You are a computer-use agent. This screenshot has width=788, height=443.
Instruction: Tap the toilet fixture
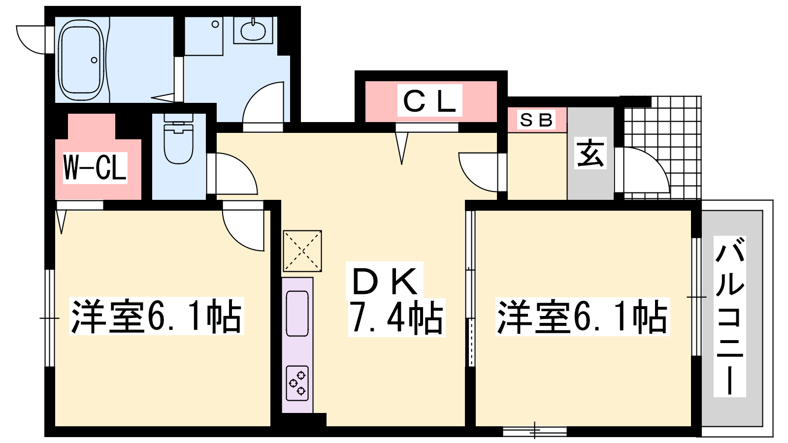[178, 138]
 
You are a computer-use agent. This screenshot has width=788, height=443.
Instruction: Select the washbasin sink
[253, 31]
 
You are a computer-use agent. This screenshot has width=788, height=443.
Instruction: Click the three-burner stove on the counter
[297, 383]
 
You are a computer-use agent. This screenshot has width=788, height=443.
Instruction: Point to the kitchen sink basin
[297, 314]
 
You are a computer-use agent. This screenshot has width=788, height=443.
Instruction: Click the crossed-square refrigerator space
[302, 251]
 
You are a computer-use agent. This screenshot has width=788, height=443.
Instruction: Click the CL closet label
[429, 100]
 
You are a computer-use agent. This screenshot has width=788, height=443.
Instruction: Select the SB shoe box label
[536, 120]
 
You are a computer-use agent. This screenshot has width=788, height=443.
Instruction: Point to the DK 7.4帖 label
[397, 299]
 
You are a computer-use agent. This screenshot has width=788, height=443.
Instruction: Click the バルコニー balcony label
[729, 316]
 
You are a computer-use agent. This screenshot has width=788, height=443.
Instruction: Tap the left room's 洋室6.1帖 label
[157, 316]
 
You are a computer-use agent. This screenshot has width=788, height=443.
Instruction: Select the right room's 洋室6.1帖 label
[582, 316]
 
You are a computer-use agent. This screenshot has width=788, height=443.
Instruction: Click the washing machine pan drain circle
[215, 24]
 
